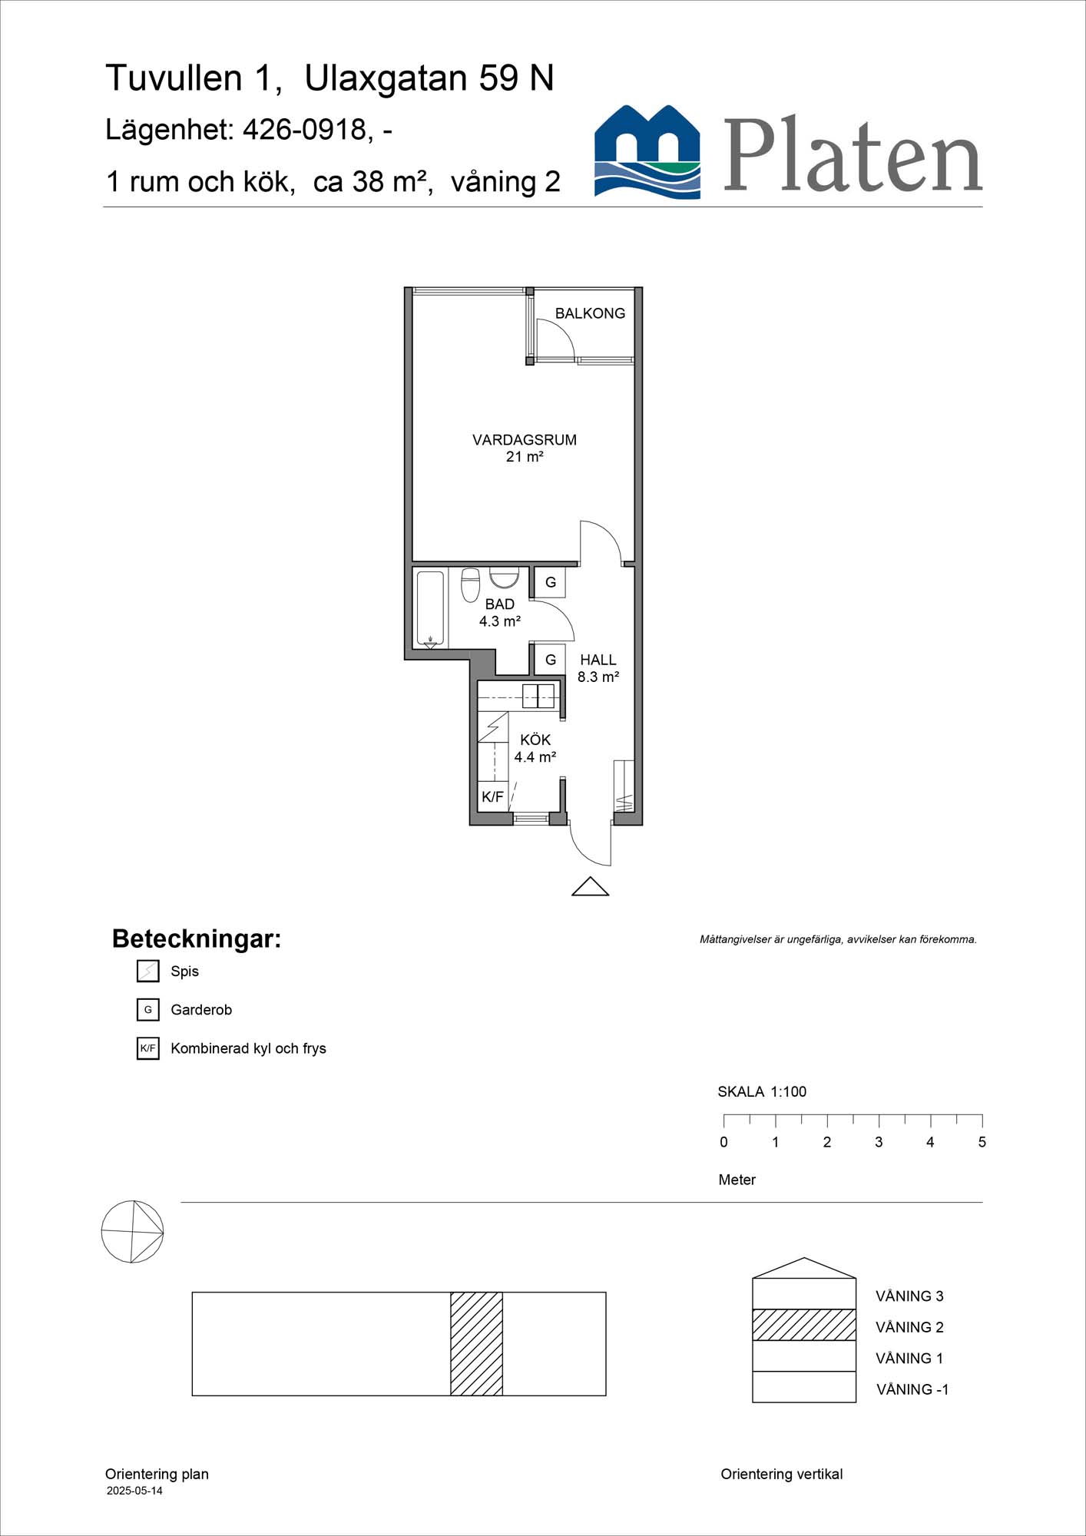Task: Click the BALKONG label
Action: tap(590, 313)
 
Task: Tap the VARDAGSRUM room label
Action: tap(524, 440)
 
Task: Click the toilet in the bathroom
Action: tap(470, 584)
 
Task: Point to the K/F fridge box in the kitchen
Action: tap(492, 796)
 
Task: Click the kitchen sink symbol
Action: tap(538, 696)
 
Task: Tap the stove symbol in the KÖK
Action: tap(492, 727)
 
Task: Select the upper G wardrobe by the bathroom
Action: tap(550, 583)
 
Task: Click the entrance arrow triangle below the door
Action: tap(590, 887)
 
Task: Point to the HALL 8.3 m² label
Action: tap(598, 668)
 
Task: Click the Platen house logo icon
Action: tap(647, 152)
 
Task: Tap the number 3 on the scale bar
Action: tap(879, 1142)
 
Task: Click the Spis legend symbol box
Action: tap(147, 972)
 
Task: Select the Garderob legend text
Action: tap(201, 1010)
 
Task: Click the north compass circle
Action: tap(132, 1232)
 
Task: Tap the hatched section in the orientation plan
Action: tap(476, 1344)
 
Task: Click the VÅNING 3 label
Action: tap(909, 1296)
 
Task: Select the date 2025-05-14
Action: tap(134, 1491)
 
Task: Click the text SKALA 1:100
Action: tap(761, 1091)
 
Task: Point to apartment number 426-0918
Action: tap(304, 130)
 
